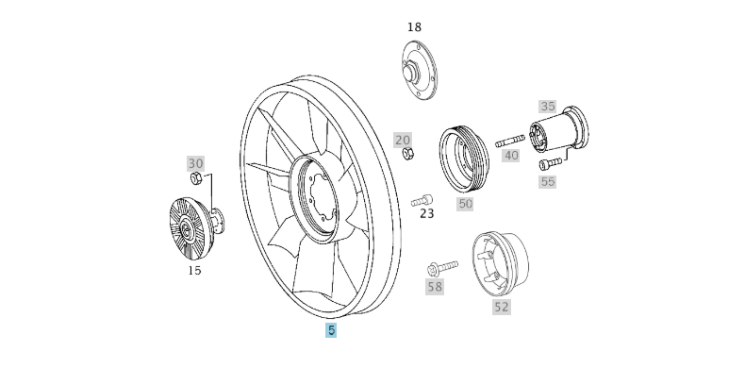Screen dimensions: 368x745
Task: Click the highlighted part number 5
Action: pyautogui.click(x=331, y=330)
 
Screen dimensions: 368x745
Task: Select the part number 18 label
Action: pyautogui.click(x=415, y=26)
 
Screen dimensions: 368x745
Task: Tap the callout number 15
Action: pyautogui.click(x=194, y=271)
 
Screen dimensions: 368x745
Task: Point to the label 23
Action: pyautogui.click(x=427, y=214)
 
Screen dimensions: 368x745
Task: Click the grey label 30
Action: pyautogui.click(x=195, y=163)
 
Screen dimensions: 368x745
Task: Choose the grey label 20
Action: pyautogui.click(x=403, y=140)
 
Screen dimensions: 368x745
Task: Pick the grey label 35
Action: pyautogui.click(x=548, y=107)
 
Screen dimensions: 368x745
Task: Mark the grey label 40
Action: pyautogui.click(x=511, y=156)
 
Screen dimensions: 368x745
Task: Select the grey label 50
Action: pyautogui.click(x=465, y=203)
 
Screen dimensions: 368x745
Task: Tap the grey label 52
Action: pyautogui.click(x=501, y=307)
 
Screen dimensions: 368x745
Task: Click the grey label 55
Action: pyautogui.click(x=548, y=181)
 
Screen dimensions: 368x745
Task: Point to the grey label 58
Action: pyautogui.click(x=434, y=287)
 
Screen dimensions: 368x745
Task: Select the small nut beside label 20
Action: pyautogui.click(x=407, y=154)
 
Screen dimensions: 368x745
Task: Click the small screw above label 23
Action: pyautogui.click(x=422, y=199)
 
